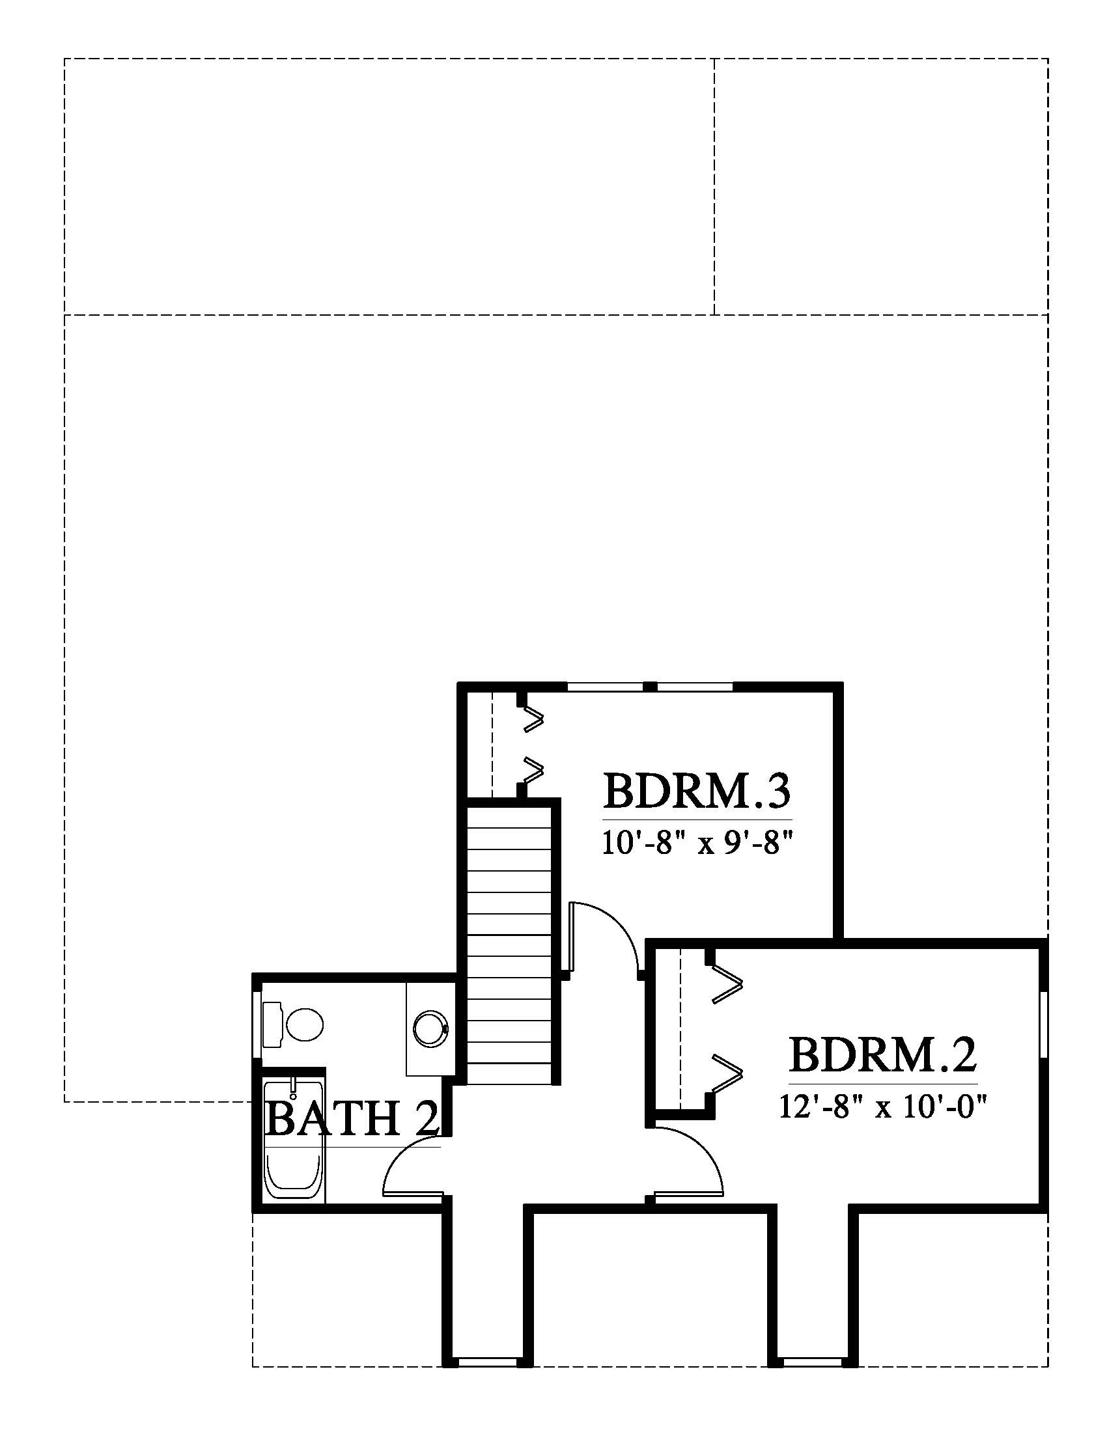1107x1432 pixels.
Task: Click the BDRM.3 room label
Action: [697, 792]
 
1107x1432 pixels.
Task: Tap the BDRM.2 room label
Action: [883, 1054]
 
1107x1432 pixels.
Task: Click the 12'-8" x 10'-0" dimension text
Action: [884, 1107]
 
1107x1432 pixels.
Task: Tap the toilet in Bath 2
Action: [292, 1024]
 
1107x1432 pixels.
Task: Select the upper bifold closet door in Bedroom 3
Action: [533, 719]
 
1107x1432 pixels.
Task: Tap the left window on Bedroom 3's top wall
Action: [605, 687]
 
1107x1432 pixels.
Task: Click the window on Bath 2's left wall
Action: [257, 1024]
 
